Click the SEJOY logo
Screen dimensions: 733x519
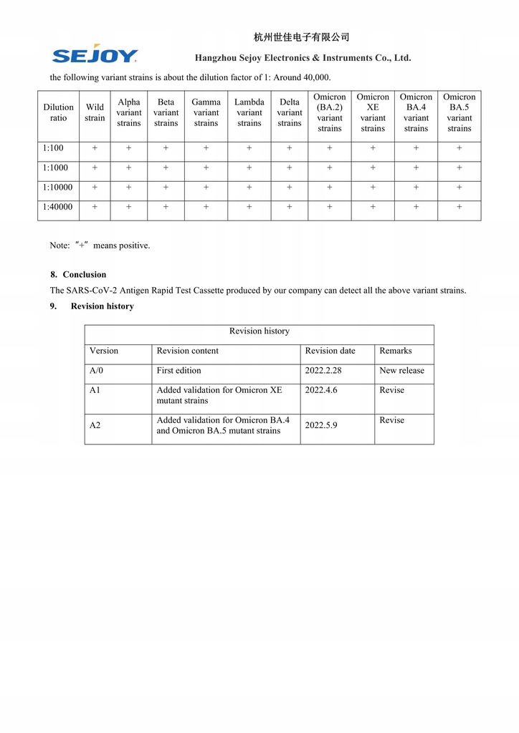pyautogui.click(x=95, y=54)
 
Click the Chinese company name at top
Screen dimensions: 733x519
pyautogui.click(x=301, y=37)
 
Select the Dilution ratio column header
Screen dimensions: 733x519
pyautogui.click(x=58, y=113)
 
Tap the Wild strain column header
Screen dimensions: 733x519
pyautogui.click(x=95, y=113)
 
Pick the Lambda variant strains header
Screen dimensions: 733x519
pyautogui.click(x=249, y=113)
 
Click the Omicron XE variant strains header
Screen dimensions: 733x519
pyautogui.click(x=373, y=113)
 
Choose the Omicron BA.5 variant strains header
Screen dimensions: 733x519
pyautogui.click(x=459, y=113)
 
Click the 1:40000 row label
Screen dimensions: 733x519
pyautogui.click(x=58, y=208)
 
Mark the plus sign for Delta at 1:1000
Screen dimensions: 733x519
pyautogui.click(x=290, y=168)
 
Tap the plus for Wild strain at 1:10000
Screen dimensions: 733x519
pyautogui.click(x=95, y=188)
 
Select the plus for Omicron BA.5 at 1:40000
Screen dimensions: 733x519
pyautogui.click(x=459, y=208)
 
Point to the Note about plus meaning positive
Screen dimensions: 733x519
pyautogui.click(x=100, y=246)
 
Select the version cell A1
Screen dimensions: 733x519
pyautogui.click(x=96, y=390)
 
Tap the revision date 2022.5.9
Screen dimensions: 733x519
pyautogui.click(x=321, y=425)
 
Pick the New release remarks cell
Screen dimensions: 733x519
pyautogui.click(x=401, y=371)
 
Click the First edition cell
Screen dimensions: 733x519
pyautogui.click(x=178, y=371)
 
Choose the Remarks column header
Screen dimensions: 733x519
pyautogui.click(x=396, y=351)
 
